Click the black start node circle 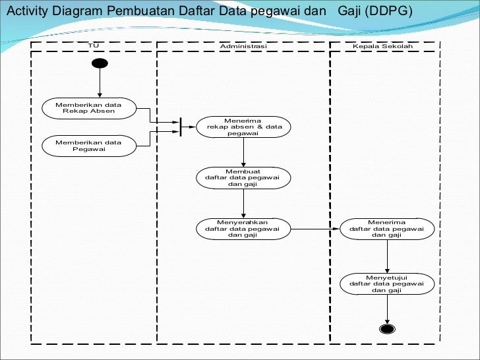100,63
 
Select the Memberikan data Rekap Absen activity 88,108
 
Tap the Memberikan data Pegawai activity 88,146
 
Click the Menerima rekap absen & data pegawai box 243,127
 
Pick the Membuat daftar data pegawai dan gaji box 243,178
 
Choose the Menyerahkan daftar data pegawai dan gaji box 243,229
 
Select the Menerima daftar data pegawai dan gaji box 387,229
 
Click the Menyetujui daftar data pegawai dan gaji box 387,284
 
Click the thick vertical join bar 180,127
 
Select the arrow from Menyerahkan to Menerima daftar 315,229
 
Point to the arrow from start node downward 100,82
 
